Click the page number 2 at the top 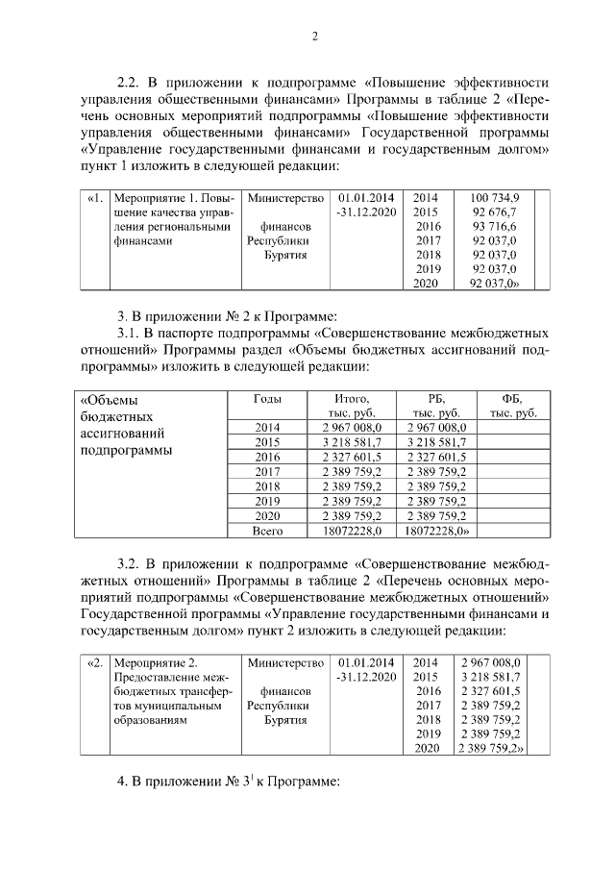click(314, 37)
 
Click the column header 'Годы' click(266, 398)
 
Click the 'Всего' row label click(266, 530)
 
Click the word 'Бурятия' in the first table click(285, 255)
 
